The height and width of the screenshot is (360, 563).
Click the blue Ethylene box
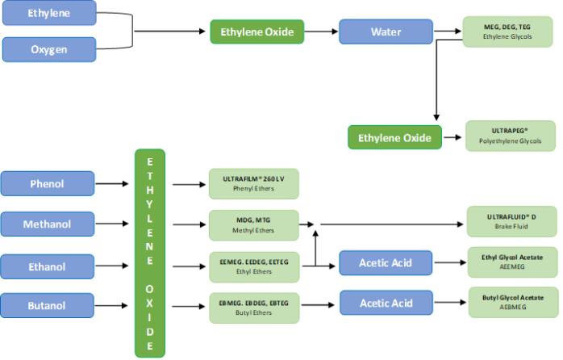tap(49, 14)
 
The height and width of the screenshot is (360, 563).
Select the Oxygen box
tap(49, 49)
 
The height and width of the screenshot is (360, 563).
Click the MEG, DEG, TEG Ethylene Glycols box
tap(507, 31)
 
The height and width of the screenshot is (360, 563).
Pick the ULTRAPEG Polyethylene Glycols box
tap(510, 136)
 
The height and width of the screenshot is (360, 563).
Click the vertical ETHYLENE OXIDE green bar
tap(149, 253)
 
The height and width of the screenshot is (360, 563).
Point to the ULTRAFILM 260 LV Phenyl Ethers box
tap(254, 184)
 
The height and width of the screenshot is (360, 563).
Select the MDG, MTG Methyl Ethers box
tap(254, 224)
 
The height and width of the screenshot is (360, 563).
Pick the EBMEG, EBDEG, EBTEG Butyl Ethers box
tap(254, 305)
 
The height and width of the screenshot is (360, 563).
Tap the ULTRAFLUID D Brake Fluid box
tap(511, 221)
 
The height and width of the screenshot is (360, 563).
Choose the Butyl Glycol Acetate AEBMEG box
tap(513, 302)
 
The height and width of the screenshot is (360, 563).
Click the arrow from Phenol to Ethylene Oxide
tap(115, 184)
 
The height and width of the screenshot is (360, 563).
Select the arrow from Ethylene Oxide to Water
tap(321, 32)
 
